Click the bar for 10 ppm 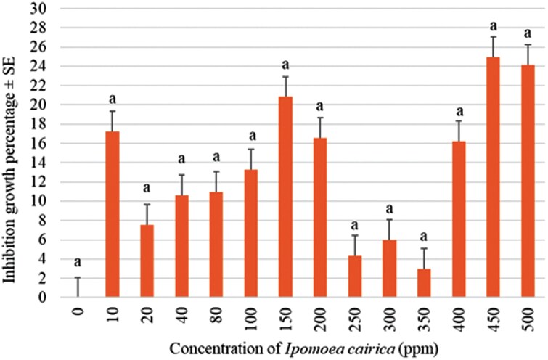tap(112, 215)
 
